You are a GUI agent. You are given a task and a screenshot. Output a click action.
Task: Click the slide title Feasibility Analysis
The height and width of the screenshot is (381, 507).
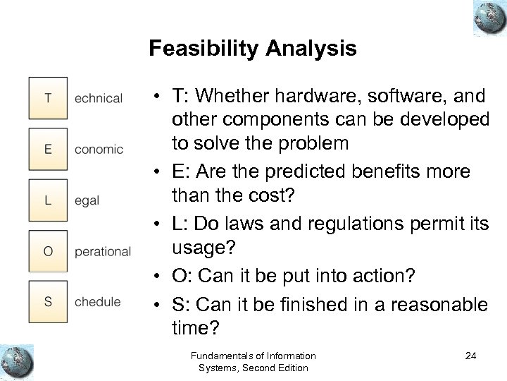(253, 49)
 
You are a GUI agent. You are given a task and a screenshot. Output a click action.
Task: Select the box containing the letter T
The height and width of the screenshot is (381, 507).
(47, 98)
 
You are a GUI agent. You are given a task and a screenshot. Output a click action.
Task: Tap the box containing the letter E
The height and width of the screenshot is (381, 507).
(47, 149)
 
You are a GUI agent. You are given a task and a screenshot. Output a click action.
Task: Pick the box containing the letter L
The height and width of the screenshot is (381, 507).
(47, 200)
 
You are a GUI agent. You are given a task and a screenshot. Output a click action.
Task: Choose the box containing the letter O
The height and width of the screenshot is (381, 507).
(47, 251)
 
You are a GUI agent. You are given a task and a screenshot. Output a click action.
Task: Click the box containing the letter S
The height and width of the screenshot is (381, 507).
(47, 302)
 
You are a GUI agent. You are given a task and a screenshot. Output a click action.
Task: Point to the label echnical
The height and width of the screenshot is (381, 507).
(98, 99)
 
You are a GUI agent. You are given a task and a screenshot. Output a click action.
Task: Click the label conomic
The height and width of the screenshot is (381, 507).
(98, 150)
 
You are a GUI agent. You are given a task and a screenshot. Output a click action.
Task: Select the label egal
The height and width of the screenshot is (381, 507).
(87, 201)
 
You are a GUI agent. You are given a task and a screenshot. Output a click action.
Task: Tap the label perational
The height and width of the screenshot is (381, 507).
(102, 252)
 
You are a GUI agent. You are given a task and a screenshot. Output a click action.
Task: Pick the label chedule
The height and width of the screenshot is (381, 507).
(97, 302)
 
